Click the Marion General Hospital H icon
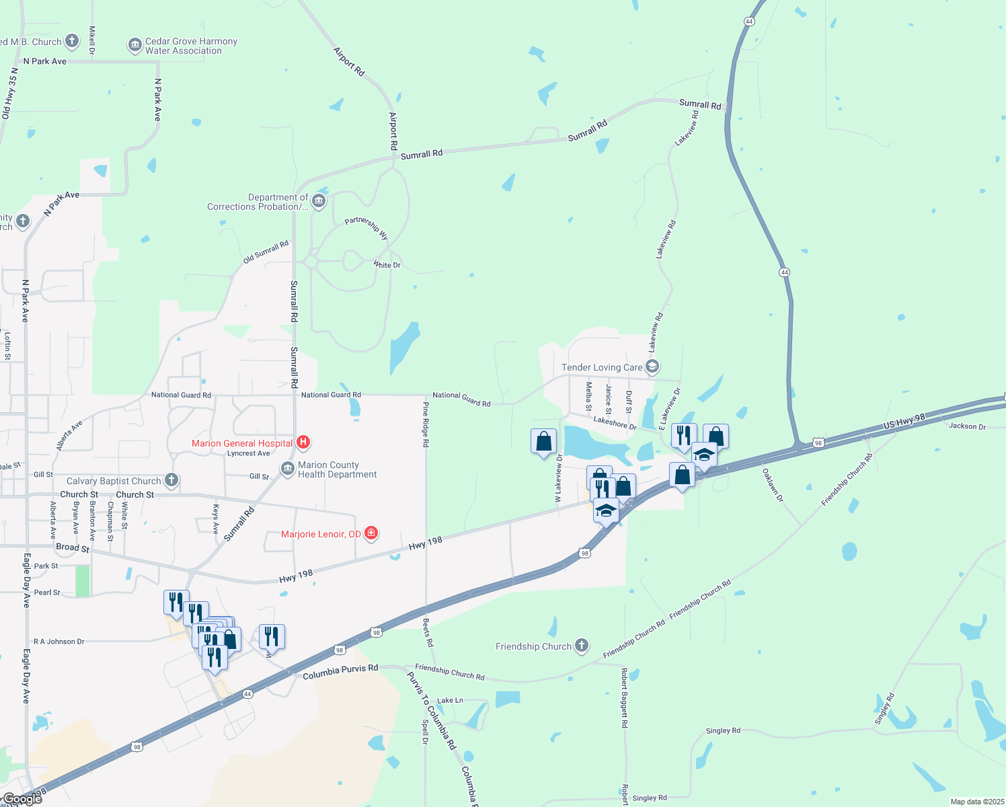pyautogui.click(x=303, y=443)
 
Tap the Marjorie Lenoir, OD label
pyautogui.click(x=321, y=535)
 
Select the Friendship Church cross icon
pyautogui.click(x=582, y=646)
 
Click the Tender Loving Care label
pyautogui.click(x=602, y=367)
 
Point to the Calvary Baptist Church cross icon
pyautogui.click(x=171, y=480)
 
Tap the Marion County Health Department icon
pyautogui.click(x=288, y=469)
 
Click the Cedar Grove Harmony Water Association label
pyautogui.click(x=191, y=46)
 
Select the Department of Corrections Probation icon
pyautogui.click(x=319, y=201)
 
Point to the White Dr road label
pyautogui.click(x=387, y=265)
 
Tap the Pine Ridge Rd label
pyautogui.click(x=425, y=424)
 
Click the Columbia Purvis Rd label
pyautogui.click(x=340, y=672)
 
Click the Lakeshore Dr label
pyautogui.click(x=615, y=422)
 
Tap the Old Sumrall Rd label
pyautogui.click(x=266, y=252)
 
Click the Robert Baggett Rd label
pyautogui.click(x=624, y=697)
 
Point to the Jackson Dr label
pyautogui.click(x=967, y=426)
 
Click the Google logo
pyautogui.click(x=22, y=799)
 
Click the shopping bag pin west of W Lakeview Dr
pyautogui.click(x=543, y=442)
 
